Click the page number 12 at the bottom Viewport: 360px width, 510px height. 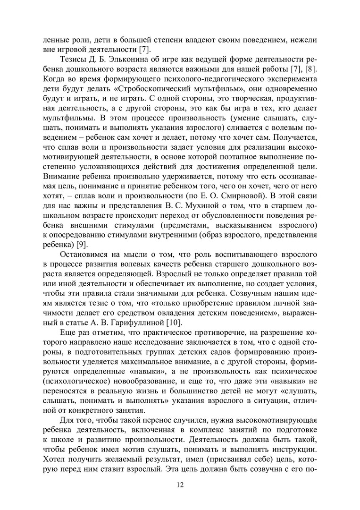180,485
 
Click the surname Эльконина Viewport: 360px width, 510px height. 135,60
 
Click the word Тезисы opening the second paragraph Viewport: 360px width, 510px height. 72,60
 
